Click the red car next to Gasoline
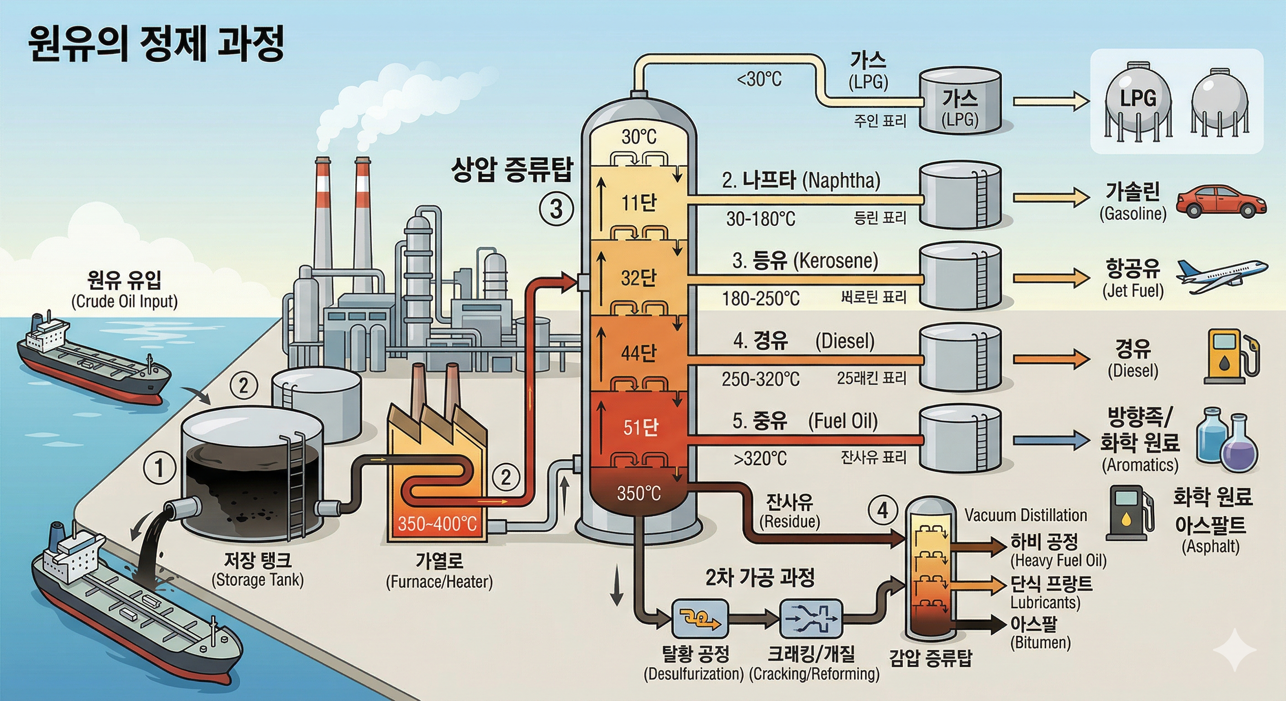[1221, 202]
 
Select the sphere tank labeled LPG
[1138, 103]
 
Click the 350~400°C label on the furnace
[437, 524]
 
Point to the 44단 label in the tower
[638, 353]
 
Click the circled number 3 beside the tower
[556, 209]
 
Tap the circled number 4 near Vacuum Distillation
[883, 510]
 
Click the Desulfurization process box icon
[700, 619]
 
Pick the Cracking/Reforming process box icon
[811, 619]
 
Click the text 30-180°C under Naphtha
[760, 219]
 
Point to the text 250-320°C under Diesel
[760, 379]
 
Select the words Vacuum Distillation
[1025, 515]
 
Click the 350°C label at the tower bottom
[638, 493]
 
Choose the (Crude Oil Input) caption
[124, 302]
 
